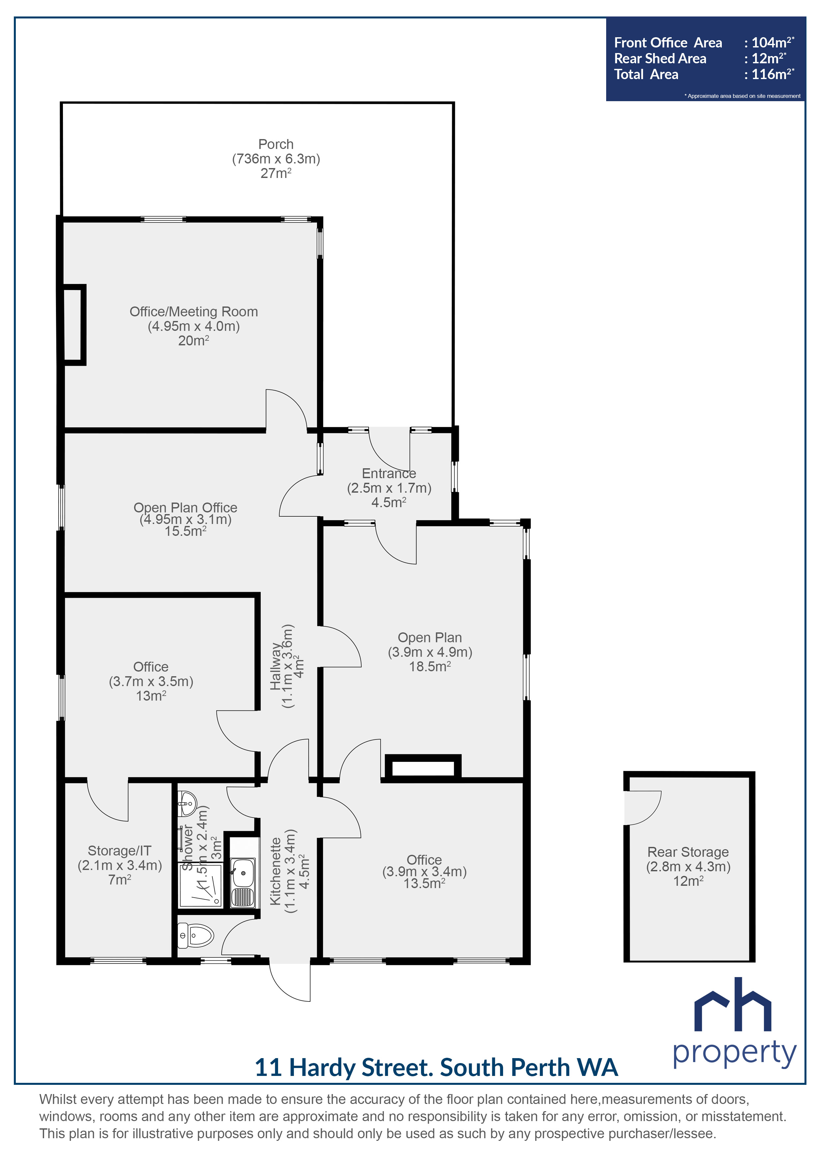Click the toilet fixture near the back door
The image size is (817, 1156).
point(196,936)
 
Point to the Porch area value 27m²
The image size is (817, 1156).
point(275,173)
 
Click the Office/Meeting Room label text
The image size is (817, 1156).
point(194,312)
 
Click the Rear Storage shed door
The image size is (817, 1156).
point(642,808)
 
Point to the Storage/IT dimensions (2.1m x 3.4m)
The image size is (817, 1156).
point(120,865)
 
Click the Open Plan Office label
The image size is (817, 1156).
point(185,507)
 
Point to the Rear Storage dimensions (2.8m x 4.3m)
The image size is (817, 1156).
point(688,866)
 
